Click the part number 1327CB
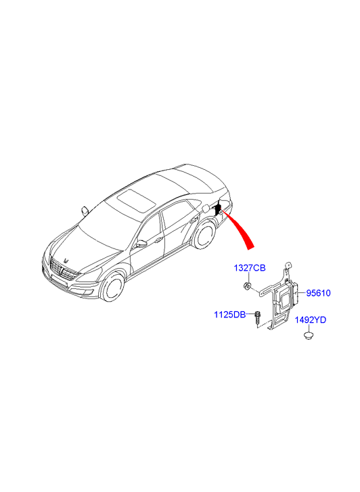(x=250, y=267)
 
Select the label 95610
(x=318, y=293)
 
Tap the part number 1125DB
(x=230, y=314)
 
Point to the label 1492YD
(x=311, y=319)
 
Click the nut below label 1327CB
(x=247, y=286)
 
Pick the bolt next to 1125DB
(x=257, y=318)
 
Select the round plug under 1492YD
(x=309, y=336)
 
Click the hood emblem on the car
(x=66, y=261)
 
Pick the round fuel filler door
(x=206, y=208)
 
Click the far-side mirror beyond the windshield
(x=85, y=210)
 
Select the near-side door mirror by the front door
(x=142, y=244)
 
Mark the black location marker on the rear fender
(x=217, y=208)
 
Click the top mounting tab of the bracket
(x=287, y=267)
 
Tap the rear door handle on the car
(x=192, y=220)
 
